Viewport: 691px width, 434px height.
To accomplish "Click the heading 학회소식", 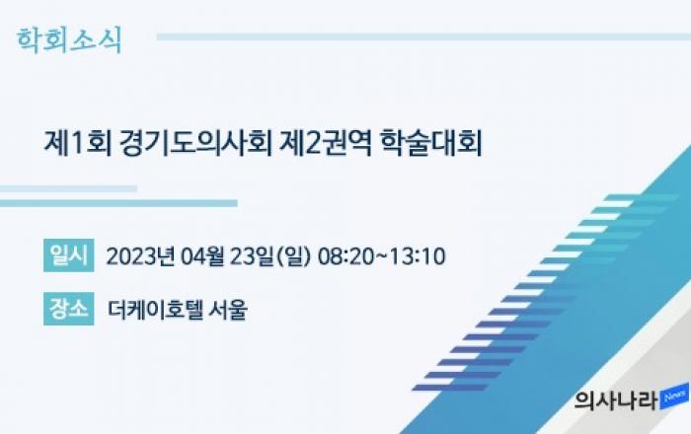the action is click(69, 40).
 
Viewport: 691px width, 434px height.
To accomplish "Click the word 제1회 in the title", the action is click(78, 142).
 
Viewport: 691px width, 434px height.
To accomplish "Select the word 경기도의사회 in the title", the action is click(196, 142).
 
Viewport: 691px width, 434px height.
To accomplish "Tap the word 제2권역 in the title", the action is click(326, 142).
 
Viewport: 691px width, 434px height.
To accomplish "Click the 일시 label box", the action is click(69, 255).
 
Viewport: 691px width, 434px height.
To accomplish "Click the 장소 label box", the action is click(69, 309).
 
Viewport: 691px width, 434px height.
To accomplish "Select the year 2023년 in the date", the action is click(140, 256).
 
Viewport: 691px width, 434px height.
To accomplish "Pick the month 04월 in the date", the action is click(202, 256).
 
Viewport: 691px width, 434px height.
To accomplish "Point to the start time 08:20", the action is click(345, 256).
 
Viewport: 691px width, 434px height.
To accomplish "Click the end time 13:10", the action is click(417, 256).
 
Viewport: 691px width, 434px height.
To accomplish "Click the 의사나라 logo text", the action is click(616, 400).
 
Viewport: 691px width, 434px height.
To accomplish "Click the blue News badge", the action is click(674, 397).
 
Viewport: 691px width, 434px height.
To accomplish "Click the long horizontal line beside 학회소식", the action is click(423, 36).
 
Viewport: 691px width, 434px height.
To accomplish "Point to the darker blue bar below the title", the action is click(118, 203).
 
